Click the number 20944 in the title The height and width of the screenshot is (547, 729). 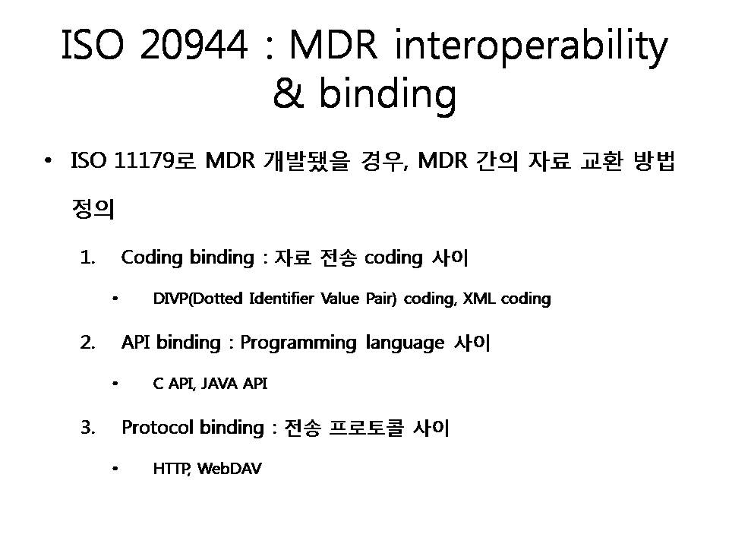coord(194,44)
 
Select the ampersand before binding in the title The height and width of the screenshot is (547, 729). coord(289,93)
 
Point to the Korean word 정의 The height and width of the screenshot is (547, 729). coord(93,208)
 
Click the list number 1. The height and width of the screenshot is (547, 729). coord(87,258)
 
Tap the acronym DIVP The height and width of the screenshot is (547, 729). coord(171,298)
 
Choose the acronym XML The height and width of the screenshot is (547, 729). coord(479,298)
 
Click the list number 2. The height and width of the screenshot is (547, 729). coord(88,343)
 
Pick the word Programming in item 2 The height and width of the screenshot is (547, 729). coord(298,343)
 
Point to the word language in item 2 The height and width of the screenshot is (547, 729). coord(405,343)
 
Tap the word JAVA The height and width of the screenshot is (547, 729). coord(219,383)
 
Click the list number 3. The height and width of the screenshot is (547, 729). coord(88,428)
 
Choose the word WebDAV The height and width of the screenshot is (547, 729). coord(229,469)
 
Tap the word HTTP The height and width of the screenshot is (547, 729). coord(171,469)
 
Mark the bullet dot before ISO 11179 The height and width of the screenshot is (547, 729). coord(47,161)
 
